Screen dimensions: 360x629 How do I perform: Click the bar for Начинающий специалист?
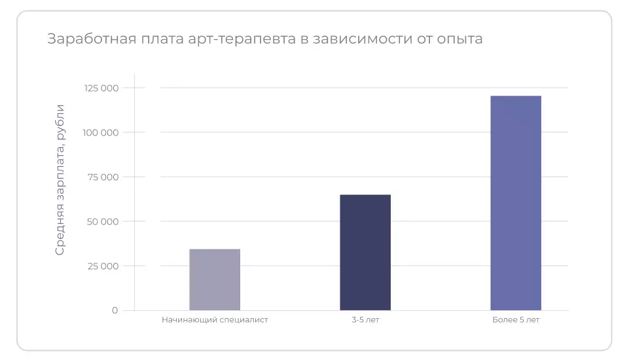(215, 279)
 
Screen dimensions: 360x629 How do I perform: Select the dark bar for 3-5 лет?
(365, 252)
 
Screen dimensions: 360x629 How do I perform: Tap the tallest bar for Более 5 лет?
(516, 203)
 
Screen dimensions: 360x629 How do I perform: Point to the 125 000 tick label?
(101, 88)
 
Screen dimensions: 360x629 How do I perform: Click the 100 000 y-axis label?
(101, 132)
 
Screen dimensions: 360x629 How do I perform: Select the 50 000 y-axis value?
(102, 221)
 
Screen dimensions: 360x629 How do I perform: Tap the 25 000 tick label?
(102, 266)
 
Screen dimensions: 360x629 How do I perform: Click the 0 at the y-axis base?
(115, 310)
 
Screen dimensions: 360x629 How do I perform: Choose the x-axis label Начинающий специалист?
(215, 320)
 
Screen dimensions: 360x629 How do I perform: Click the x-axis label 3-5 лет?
(365, 320)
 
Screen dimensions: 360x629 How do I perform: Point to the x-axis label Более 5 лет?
(516, 320)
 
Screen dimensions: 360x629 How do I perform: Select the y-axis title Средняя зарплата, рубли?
(60, 179)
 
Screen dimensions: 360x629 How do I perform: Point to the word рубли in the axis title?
(60, 120)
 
